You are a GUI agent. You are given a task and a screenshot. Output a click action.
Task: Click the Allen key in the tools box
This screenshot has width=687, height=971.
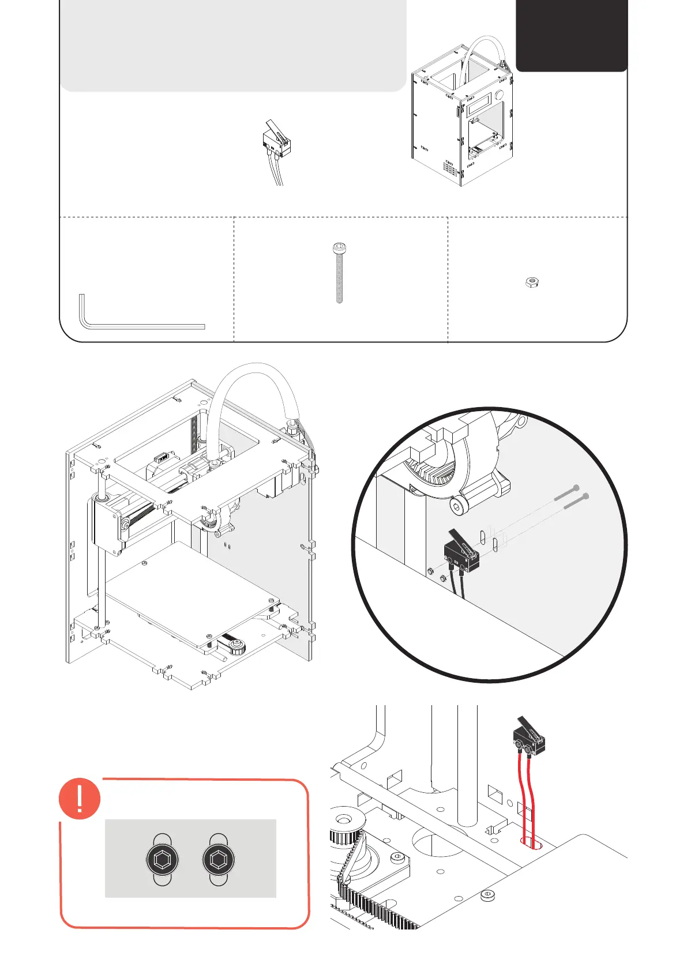point(141,326)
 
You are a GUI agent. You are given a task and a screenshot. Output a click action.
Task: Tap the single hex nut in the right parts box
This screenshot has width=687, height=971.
point(532,282)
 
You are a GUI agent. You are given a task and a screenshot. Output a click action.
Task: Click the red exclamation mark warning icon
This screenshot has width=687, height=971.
point(80,798)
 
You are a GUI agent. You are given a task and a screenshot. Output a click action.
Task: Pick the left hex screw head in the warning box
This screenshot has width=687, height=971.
point(163,860)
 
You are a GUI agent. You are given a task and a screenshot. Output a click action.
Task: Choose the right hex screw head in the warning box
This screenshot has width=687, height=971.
point(219,860)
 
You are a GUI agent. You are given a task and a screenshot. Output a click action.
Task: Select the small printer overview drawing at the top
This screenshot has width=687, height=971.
point(461,115)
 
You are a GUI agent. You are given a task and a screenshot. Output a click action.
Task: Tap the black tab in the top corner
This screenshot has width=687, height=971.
point(571,35)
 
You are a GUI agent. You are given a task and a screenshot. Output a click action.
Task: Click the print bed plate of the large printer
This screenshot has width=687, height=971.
point(190,600)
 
